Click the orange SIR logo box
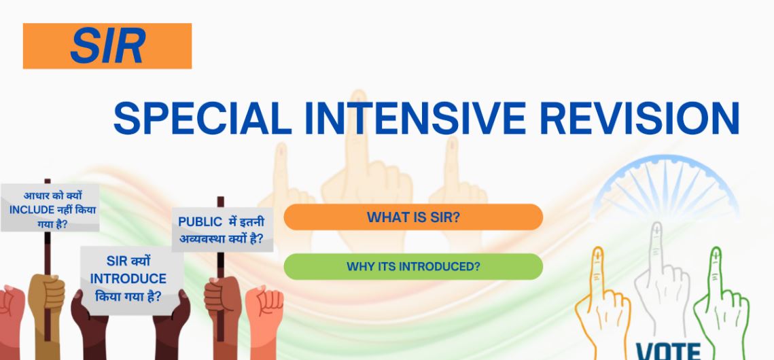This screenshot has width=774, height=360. pyautogui.click(x=107, y=46)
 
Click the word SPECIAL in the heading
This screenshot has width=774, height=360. pyautogui.click(x=203, y=118)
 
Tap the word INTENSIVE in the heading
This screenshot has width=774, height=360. pyautogui.click(x=415, y=118)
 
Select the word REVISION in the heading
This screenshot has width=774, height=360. pyautogui.click(x=639, y=118)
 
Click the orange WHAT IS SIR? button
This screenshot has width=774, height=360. pyautogui.click(x=413, y=217)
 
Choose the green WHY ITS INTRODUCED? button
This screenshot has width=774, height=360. pyautogui.click(x=413, y=267)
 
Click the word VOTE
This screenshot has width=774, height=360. pyautogui.click(x=669, y=351)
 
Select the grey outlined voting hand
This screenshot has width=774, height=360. pyautogui.click(x=662, y=281)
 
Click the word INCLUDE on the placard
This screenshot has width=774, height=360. pyautogui.click(x=31, y=210)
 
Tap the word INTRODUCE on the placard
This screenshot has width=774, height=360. pyautogui.click(x=128, y=279)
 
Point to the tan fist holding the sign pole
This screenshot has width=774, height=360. pyautogui.click(x=46, y=301)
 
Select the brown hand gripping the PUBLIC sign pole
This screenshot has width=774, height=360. pyautogui.click(x=223, y=306)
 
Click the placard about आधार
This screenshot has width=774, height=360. pyautogui.click(x=50, y=208)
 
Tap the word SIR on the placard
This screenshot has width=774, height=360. pyautogui.click(x=117, y=261)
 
